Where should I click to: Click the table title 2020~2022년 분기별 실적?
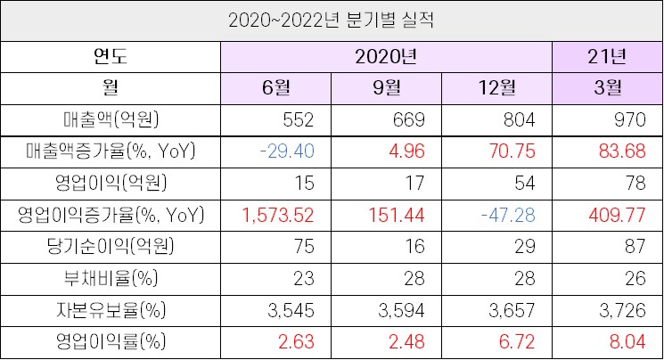point(332,20)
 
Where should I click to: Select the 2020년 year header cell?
point(386,57)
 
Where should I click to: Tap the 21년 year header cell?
point(607,57)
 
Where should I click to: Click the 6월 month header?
point(276,88)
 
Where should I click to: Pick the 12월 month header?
point(496,88)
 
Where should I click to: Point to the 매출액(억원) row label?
point(111,120)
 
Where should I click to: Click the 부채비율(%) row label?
point(111,278)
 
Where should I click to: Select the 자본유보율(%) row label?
point(111,310)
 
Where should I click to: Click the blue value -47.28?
point(511,216)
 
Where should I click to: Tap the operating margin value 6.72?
point(521,341)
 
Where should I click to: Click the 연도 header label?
point(111,57)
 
